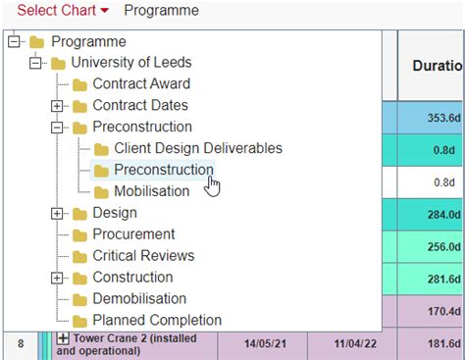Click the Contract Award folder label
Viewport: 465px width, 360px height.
tap(141, 84)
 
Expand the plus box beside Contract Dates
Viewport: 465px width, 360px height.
tap(57, 106)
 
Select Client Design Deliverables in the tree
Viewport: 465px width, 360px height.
tap(197, 148)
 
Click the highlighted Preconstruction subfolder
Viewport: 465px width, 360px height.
tap(163, 170)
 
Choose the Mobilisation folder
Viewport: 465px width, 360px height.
tap(151, 191)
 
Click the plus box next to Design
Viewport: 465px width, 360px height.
tap(57, 213)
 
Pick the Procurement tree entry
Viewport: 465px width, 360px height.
tap(133, 234)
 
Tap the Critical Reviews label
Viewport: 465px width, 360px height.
tap(143, 256)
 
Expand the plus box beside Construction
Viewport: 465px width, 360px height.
tap(57, 278)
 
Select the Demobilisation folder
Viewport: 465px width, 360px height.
tap(137, 299)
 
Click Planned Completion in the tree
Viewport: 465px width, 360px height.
tap(157, 321)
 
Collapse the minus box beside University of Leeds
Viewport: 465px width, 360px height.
tap(35, 63)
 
